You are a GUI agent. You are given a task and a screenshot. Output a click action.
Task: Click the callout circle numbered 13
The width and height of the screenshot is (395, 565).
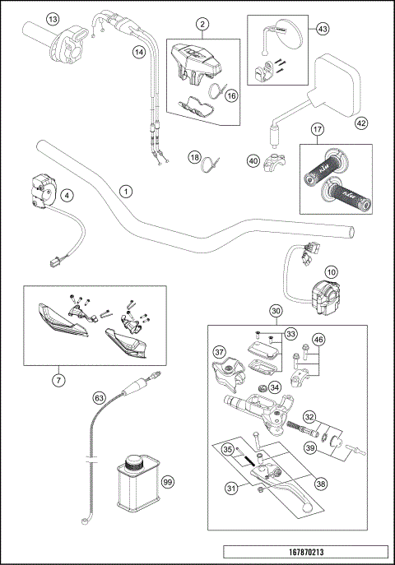tap(30, 18)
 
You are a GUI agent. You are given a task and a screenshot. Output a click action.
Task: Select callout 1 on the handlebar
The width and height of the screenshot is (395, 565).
tap(125, 191)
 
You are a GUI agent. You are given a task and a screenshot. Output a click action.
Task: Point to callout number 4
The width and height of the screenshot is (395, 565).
tap(67, 195)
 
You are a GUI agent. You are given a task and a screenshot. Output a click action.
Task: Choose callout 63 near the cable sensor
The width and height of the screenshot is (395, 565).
tap(100, 398)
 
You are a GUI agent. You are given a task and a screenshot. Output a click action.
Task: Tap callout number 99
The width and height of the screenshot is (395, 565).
tap(169, 483)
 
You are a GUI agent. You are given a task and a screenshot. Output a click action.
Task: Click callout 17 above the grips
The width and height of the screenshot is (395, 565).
tap(316, 129)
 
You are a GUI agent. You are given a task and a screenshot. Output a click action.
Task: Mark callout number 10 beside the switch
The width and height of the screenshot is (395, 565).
tap(329, 271)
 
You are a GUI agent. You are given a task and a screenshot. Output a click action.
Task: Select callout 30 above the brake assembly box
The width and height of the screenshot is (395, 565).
tap(276, 311)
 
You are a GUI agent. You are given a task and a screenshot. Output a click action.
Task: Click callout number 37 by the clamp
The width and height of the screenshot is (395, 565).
tap(219, 351)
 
